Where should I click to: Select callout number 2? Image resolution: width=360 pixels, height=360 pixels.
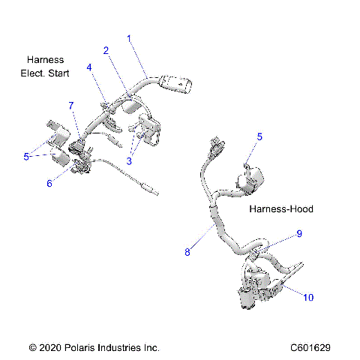106,50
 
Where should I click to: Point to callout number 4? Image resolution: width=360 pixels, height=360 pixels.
89,67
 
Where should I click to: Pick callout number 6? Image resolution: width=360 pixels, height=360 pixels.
49,183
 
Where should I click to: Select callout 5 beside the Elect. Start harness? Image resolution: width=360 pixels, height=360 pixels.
26,157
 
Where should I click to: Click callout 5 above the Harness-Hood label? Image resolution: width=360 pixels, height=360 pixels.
259,136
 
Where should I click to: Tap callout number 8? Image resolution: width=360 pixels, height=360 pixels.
187,253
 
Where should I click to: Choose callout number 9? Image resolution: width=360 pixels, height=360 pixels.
298,233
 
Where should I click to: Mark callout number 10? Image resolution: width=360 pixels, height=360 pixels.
308,297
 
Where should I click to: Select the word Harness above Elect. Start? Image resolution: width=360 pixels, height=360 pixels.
45,59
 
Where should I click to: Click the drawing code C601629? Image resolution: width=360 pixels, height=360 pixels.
311,348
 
